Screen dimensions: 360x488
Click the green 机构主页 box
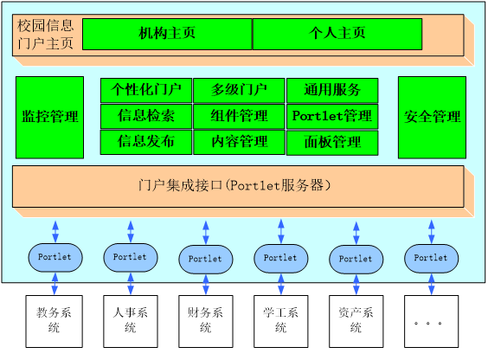click(167, 35)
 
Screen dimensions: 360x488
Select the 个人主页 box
click(337, 35)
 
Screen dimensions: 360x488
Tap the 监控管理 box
click(49, 117)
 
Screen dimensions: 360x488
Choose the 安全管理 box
click(432, 117)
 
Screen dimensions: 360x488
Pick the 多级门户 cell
click(239, 89)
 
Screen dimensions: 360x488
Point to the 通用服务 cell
click(332, 89)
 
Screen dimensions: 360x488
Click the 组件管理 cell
click(239, 116)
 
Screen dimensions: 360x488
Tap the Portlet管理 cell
click(332, 116)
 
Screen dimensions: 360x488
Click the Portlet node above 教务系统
click(55, 256)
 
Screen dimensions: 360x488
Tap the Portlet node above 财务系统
click(205, 259)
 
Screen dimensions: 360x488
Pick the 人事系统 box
click(130, 320)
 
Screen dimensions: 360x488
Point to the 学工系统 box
click(279, 320)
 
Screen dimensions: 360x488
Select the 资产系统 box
click(355, 320)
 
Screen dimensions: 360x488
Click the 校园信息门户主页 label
click(45, 33)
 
